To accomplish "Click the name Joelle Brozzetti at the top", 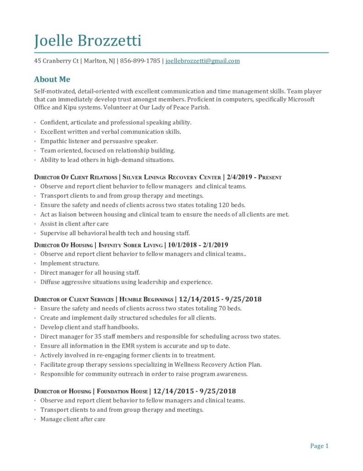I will (88, 40).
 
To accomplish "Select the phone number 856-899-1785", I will (140, 61).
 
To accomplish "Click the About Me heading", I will (52, 79).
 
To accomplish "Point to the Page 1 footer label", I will (319, 446).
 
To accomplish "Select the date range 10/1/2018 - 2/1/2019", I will (198, 245).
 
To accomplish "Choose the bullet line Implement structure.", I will (70, 264).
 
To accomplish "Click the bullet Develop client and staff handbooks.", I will (89, 327).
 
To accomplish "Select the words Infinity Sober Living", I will (131, 245).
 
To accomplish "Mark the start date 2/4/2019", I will (239, 177).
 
